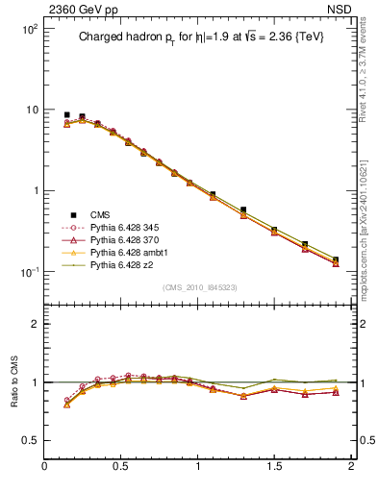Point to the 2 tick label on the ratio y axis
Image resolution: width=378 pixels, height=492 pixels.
[x=35, y=324]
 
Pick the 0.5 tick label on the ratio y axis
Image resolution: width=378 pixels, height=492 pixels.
[x=29, y=440]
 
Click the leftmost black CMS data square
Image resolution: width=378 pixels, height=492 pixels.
[x=66, y=114]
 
